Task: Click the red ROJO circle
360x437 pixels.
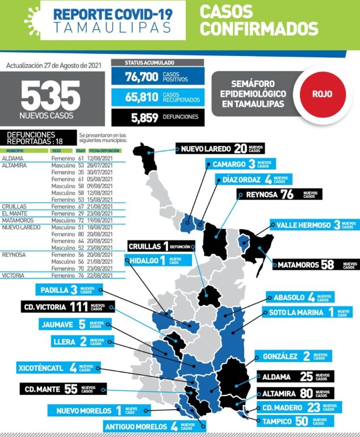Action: pos(322,94)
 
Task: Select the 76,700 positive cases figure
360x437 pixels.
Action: pos(142,77)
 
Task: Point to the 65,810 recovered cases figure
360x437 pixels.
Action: pos(142,97)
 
